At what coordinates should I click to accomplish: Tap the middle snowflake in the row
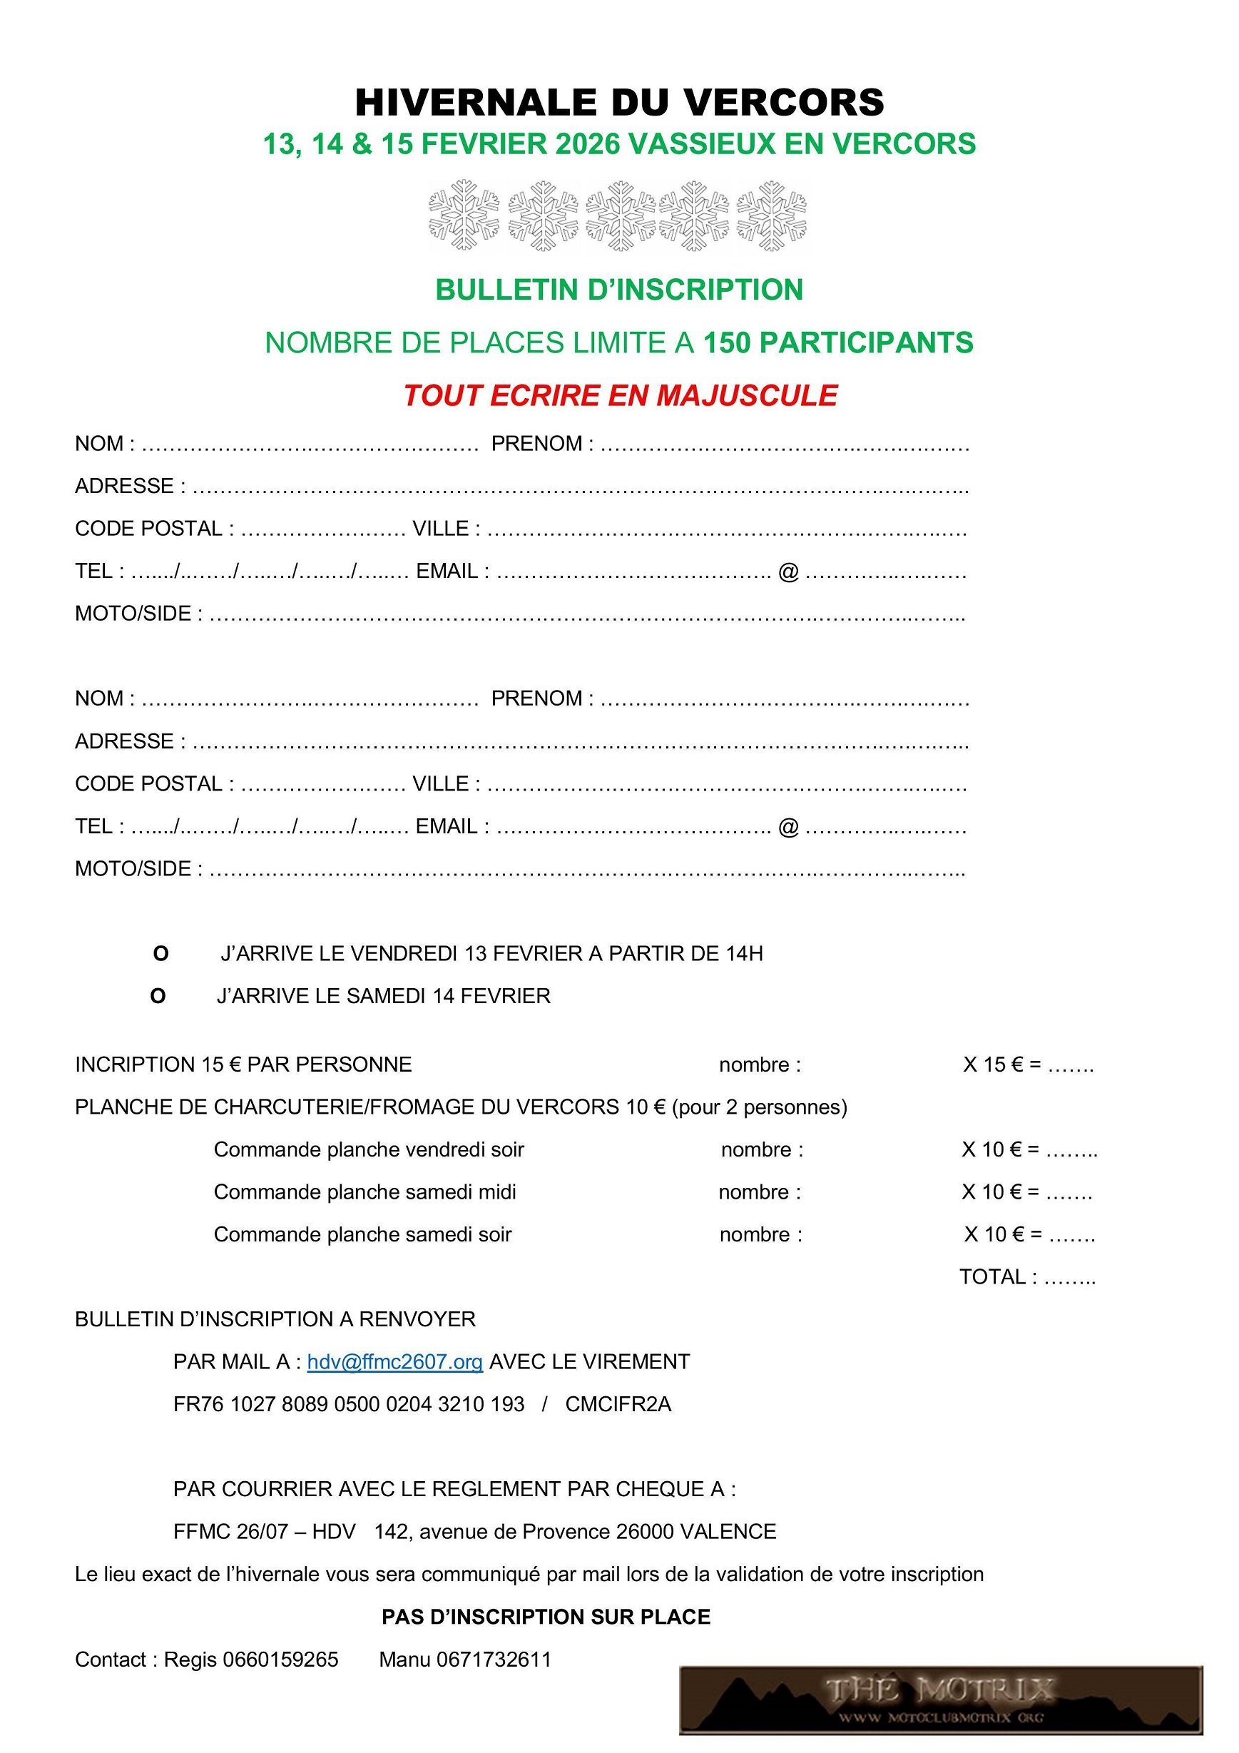coord(621,215)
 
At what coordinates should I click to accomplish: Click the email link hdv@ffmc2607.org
coord(394,1361)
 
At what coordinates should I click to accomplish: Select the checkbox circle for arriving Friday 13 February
coord(160,954)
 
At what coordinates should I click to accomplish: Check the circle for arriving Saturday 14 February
coord(158,997)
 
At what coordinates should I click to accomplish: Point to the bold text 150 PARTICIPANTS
coord(837,342)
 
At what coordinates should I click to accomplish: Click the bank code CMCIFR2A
coord(618,1404)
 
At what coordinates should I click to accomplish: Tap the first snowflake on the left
coord(464,215)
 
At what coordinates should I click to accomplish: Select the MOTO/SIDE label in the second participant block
coord(138,868)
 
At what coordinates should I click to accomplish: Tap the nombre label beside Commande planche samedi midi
coord(760,1191)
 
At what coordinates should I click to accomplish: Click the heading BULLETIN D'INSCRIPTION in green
coord(619,290)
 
